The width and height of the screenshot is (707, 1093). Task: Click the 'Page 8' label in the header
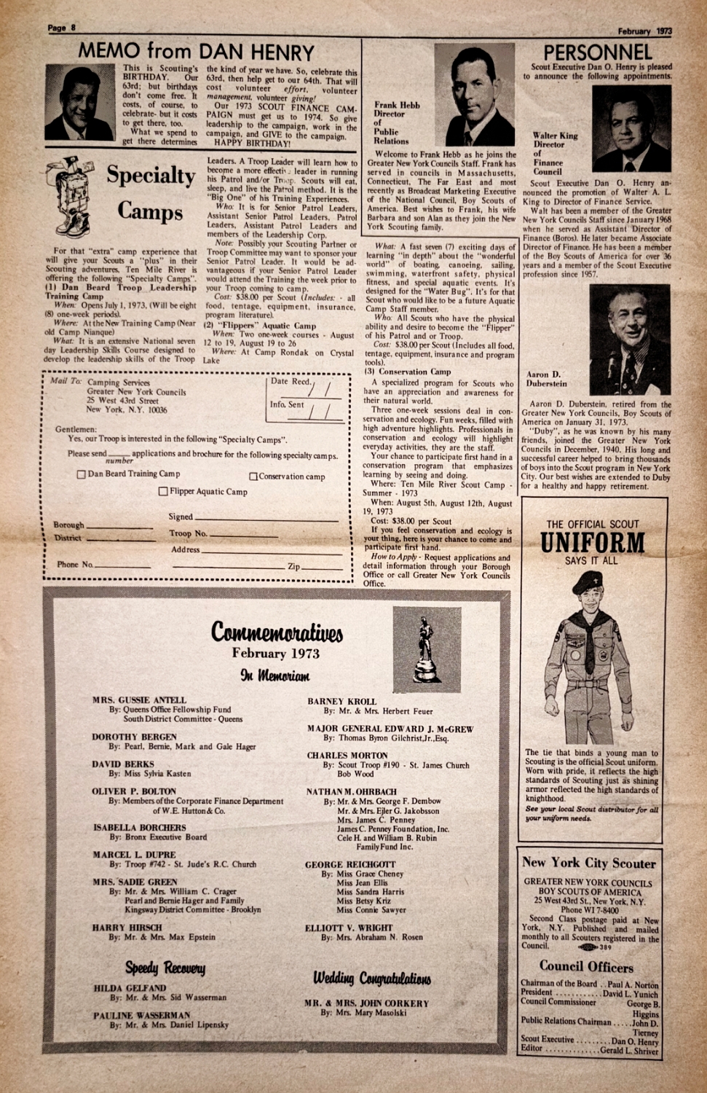[x=62, y=28]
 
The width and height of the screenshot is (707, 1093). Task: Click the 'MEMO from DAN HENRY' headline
[x=196, y=52]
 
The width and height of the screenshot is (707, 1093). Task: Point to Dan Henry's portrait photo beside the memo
[x=79, y=102]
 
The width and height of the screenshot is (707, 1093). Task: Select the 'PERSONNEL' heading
[x=598, y=52]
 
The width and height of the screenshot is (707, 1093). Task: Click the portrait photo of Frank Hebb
[x=475, y=95]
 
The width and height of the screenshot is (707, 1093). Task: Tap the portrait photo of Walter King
[x=631, y=129]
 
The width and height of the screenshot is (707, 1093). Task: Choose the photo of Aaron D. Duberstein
[x=629, y=340]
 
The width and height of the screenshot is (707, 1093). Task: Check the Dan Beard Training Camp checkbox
[x=82, y=474]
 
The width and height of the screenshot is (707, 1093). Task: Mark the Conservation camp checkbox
[x=253, y=477]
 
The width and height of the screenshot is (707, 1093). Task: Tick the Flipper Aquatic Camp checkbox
[x=163, y=492]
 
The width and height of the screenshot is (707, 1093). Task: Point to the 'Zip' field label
[x=293, y=566]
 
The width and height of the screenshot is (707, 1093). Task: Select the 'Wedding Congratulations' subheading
[x=371, y=978]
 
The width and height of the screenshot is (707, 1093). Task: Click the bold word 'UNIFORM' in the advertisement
[x=592, y=544]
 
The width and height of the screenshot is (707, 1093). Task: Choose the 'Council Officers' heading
[x=586, y=967]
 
